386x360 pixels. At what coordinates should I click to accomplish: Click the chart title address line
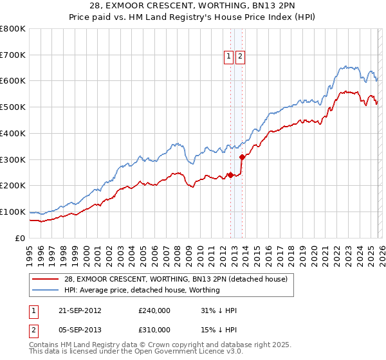(192, 6)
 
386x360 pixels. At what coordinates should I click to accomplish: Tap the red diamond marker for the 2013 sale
(242, 156)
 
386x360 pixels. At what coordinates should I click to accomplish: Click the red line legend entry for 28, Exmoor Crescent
(179, 279)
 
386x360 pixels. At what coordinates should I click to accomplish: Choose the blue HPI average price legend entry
(142, 291)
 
